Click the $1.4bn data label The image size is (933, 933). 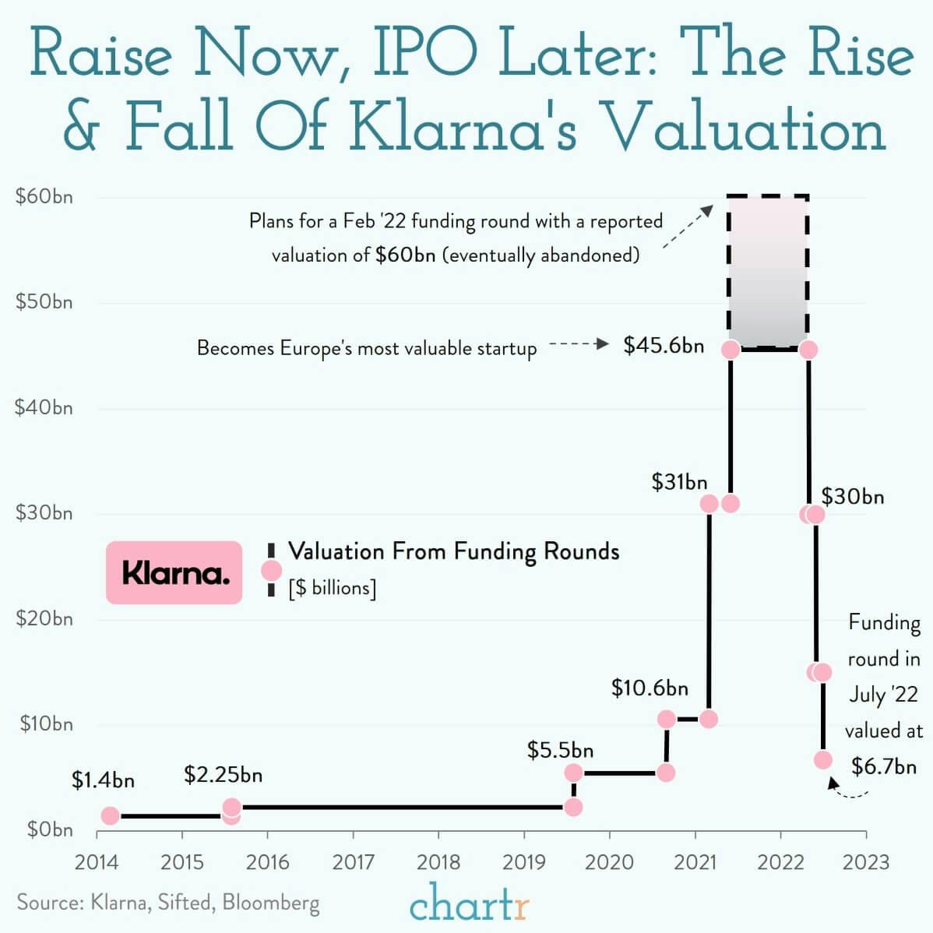103,780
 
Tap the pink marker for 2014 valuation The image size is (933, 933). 110,815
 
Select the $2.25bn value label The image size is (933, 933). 223,775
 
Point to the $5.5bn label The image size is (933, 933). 560,750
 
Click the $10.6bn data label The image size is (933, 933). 650,688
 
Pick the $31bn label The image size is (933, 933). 679,482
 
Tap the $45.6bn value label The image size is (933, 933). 664,346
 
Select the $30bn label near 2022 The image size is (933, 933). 853,497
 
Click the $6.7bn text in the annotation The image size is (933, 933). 884,766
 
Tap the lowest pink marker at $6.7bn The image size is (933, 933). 823,760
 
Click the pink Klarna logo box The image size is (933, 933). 174,573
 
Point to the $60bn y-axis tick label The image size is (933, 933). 44,196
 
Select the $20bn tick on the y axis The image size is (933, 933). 44,618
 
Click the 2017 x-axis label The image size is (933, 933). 353,862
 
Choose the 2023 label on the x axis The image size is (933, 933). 866,862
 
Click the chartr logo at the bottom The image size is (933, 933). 470,904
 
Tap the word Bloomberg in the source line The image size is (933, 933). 270,902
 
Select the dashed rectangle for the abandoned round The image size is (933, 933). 767,271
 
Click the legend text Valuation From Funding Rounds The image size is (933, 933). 453,551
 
